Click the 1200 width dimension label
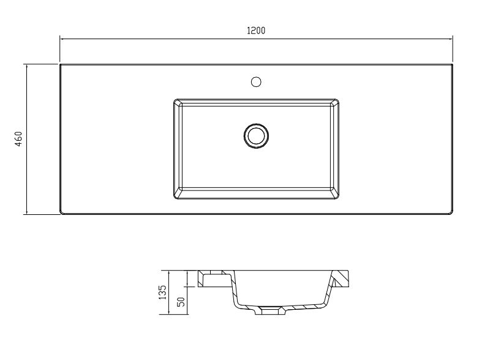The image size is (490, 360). (x=256, y=31)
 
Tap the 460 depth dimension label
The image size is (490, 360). (x=19, y=139)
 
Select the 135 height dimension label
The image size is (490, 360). (x=163, y=293)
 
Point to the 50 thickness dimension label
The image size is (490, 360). (x=181, y=302)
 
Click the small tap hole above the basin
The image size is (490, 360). (x=256, y=82)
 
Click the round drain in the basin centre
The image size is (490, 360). (x=256, y=136)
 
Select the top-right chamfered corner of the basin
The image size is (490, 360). (x=334, y=103)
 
